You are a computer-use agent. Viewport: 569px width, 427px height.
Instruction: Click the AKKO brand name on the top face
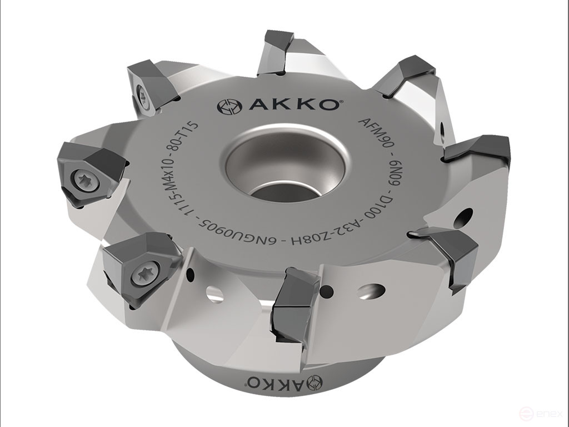293,105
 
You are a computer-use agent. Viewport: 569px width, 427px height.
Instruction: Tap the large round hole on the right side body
463,218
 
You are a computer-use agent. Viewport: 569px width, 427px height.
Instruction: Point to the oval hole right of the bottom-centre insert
371,290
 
